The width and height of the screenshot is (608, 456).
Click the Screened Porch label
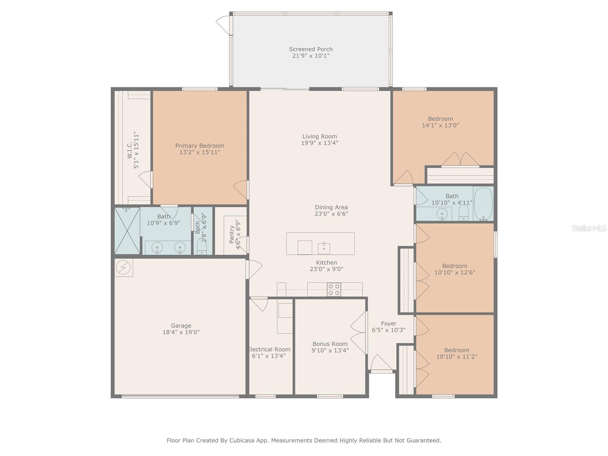point(310,49)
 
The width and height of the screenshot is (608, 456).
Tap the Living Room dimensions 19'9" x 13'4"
point(320,143)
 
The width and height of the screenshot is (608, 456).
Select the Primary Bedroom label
point(200,146)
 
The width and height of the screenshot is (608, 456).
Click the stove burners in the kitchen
point(334,289)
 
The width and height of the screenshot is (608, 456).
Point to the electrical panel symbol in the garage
point(123,268)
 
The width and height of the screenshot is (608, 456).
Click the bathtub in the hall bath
point(483,204)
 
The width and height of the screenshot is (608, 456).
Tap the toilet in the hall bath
point(464,213)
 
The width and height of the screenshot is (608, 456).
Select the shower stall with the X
point(127,231)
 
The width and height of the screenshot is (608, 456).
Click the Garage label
point(181,326)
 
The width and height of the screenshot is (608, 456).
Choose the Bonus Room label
point(330,344)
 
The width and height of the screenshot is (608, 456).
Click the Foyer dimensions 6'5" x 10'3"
point(389,330)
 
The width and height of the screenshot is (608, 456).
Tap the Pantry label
point(232,234)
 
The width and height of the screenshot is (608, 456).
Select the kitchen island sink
point(324,248)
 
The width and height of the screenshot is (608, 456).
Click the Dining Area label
point(331,207)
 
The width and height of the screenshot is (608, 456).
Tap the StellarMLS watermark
point(589,228)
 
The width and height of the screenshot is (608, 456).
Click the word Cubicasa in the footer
point(241,440)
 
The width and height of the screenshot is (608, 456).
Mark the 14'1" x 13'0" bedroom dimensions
point(440,125)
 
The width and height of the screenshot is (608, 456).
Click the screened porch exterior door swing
point(223,25)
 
